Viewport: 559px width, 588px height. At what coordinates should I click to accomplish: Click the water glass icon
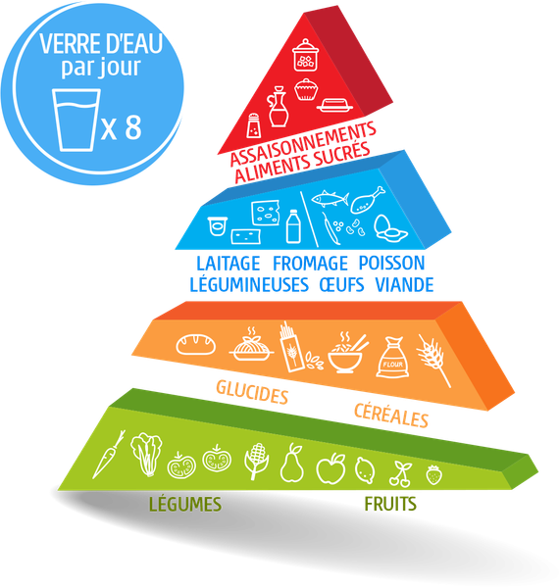76,120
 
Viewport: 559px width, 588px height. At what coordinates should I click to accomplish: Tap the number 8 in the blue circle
133,127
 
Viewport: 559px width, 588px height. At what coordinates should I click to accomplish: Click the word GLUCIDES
252,392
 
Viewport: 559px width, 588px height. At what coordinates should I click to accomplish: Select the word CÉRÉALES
391,416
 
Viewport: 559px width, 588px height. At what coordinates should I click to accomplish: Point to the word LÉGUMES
185,504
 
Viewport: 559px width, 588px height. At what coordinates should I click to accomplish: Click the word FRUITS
390,504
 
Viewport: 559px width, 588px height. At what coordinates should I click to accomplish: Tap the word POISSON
391,263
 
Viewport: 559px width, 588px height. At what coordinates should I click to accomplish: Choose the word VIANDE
404,284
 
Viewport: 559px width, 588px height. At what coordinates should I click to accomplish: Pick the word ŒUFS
341,284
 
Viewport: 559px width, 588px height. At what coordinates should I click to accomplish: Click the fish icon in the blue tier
330,198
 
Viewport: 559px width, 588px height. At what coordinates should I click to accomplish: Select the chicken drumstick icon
368,200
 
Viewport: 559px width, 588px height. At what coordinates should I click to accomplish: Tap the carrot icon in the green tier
109,455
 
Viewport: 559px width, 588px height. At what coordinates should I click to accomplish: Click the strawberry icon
434,474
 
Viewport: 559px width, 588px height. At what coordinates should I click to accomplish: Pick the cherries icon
400,474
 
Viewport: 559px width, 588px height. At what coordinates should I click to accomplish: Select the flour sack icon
392,357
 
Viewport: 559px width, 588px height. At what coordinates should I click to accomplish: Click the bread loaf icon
196,344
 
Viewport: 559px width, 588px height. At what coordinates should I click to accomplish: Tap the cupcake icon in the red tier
306,89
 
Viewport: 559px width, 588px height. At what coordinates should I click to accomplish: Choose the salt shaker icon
254,125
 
